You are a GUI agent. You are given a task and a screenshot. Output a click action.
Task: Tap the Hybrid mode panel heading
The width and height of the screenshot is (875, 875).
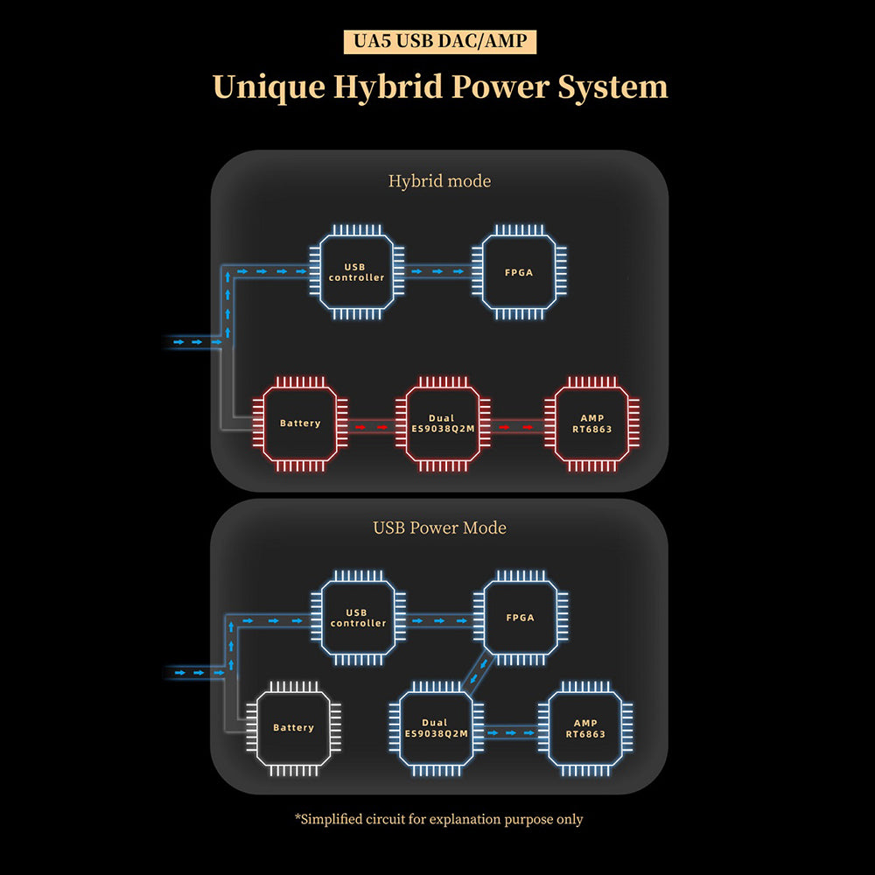(439, 181)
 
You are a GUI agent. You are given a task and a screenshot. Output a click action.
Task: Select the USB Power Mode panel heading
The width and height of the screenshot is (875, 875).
(439, 528)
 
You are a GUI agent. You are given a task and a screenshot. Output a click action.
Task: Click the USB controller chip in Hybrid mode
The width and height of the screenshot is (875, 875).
(357, 272)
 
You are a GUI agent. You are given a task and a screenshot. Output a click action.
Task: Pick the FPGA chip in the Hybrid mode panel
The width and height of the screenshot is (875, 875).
(519, 272)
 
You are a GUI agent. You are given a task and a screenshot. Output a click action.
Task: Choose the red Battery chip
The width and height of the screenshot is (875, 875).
(300, 423)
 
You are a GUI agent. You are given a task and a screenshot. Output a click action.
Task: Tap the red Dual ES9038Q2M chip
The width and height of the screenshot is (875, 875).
(442, 423)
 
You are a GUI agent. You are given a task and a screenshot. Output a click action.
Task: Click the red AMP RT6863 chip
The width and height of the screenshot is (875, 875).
(591, 423)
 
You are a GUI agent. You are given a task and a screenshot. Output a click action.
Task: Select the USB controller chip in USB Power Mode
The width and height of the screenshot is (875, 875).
(359, 618)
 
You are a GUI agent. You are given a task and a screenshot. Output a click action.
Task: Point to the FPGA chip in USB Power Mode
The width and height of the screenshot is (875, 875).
(520, 618)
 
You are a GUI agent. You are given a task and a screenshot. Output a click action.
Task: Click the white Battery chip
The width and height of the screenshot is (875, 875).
(293, 727)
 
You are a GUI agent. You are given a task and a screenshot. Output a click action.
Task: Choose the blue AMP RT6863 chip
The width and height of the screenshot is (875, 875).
(585, 728)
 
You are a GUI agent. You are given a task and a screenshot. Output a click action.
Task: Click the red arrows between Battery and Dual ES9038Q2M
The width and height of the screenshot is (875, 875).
(371, 427)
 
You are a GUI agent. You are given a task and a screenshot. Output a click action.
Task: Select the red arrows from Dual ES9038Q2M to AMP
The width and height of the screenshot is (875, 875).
(517, 427)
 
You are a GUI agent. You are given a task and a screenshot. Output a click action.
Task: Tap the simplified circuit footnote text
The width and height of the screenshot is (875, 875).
(439, 819)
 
